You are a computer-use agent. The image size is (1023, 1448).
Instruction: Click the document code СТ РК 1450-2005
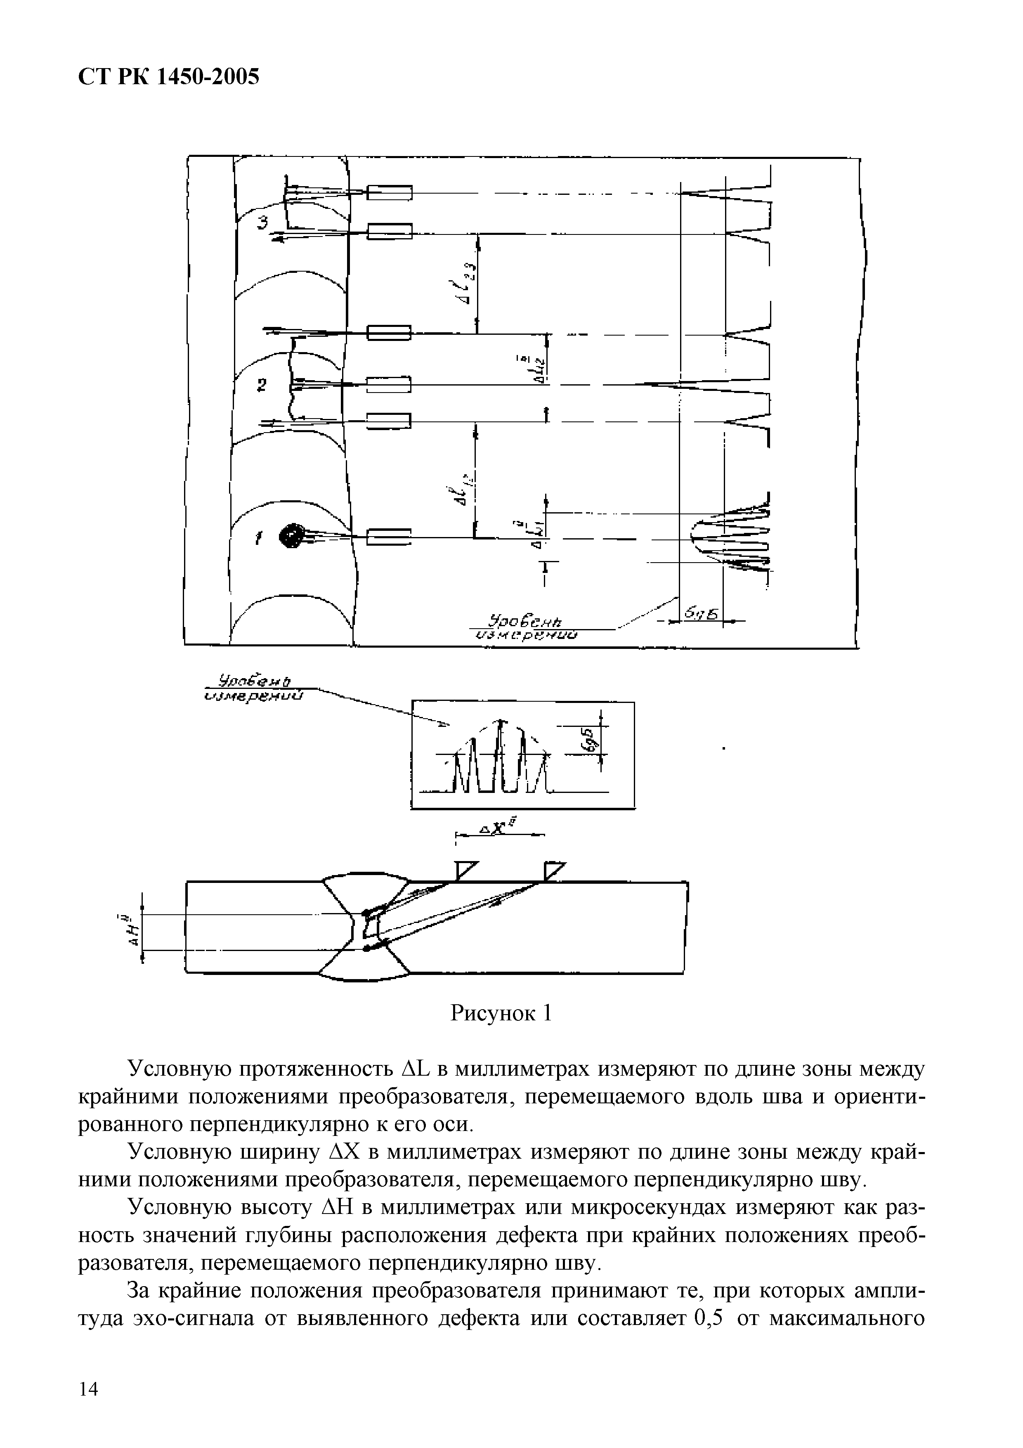coord(168,77)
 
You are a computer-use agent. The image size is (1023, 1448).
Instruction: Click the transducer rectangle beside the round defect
coord(388,537)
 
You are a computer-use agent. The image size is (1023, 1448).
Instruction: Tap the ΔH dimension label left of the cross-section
coord(132,930)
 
